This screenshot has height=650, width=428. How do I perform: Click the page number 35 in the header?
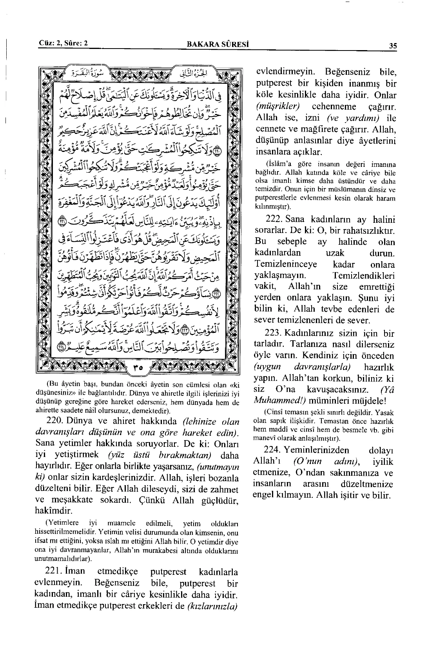(x=393, y=45)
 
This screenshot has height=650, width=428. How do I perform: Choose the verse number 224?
(x=268, y=450)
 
